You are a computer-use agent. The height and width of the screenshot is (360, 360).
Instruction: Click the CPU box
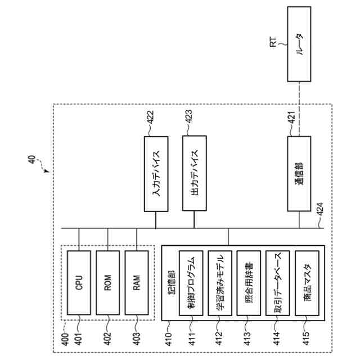click(79, 282)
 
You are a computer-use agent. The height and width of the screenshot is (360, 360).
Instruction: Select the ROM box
click(107, 282)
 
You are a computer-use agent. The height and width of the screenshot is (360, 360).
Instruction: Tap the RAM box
click(137, 282)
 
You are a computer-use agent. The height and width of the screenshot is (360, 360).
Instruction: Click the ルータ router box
click(299, 44)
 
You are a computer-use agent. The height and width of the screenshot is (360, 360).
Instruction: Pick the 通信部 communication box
click(299, 174)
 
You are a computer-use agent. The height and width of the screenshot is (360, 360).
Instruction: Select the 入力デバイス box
click(156, 174)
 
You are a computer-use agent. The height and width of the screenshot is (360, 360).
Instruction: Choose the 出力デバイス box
click(195, 173)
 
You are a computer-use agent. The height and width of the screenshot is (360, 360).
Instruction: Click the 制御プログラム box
click(191, 283)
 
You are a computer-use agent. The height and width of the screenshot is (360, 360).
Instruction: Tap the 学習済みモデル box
click(220, 283)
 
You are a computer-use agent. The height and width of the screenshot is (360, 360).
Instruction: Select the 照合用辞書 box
click(249, 283)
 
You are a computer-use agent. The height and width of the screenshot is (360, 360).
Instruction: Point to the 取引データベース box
click(278, 283)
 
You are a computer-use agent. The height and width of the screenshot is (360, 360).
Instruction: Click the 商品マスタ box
click(307, 283)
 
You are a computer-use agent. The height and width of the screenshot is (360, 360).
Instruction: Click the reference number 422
click(150, 118)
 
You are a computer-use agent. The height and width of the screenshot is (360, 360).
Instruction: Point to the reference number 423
click(189, 117)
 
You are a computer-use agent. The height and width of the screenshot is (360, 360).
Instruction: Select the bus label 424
click(320, 209)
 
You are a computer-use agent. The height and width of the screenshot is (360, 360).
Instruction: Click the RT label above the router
click(273, 42)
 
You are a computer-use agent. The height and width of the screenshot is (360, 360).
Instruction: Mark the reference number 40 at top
click(31, 159)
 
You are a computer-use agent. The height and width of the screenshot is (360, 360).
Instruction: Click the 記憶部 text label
click(171, 282)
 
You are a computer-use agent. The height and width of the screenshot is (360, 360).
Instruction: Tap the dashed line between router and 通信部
click(299, 109)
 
